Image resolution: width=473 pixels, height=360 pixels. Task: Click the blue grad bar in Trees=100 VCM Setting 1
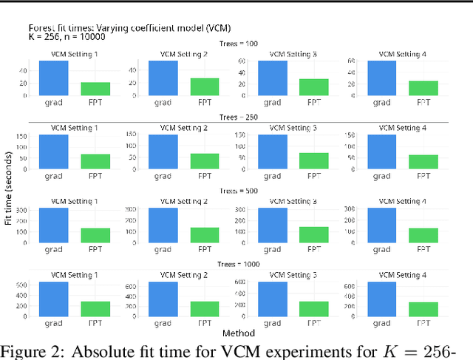(x=53, y=78)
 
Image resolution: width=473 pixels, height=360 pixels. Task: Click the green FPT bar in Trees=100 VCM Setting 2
(x=204, y=86)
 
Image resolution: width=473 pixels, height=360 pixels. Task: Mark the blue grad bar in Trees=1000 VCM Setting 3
(x=273, y=299)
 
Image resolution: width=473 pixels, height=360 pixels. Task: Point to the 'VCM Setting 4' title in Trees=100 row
(x=404, y=54)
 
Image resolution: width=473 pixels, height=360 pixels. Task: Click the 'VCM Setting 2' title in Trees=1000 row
(x=184, y=275)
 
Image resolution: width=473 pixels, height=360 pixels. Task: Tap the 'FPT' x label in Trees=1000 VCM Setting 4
(x=423, y=322)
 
